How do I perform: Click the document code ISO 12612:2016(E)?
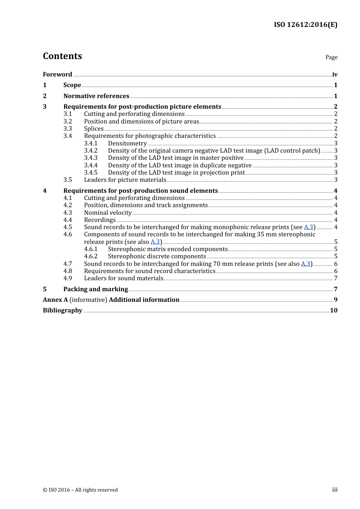click(305, 25)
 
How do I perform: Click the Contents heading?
click(62, 56)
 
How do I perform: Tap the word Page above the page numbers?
click(331, 57)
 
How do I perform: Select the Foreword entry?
click(57, 75)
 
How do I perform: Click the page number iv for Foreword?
click(335, 75)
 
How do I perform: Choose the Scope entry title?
click(72, 85)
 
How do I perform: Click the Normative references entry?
click(96, 96)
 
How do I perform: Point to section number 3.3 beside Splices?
click(67, 129)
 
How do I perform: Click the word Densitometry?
click(127, 144)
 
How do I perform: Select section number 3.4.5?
click(91, 173)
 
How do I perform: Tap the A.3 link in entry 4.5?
click(308, 227)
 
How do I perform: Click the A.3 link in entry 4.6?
click(155, 242)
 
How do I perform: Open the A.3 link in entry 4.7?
click(305, 264)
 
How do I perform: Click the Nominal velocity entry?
click(108, 213)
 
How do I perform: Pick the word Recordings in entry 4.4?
click(100, 220)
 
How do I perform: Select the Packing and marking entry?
click(95, 289)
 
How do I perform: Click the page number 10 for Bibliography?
click(333, 311)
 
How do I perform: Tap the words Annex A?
click(55, 300)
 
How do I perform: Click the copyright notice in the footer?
click(80, 490)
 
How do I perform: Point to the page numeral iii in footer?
click(335, 490)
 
